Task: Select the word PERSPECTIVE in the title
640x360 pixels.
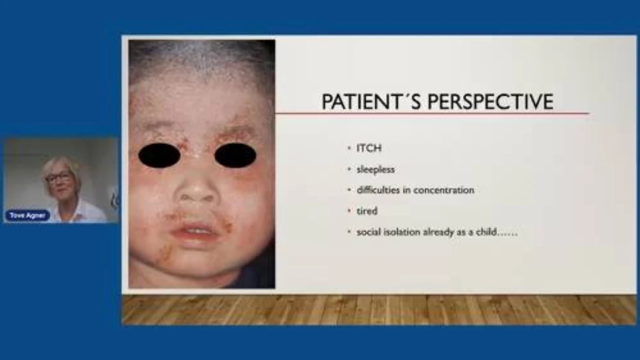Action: pyautogui.click(x=490, y=102)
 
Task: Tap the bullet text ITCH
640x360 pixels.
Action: pyautogui.click(x=369, y=148)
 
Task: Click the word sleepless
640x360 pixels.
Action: pyautogui.click(x=375, y=169)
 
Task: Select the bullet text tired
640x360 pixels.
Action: pyautogui.click(x=367, y=211)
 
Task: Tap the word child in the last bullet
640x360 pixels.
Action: pyautogui.click(x=486, y=232)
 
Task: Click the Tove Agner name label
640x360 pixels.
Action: pyautogui.click(x=27, y=215)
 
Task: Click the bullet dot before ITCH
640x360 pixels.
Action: pyautogui.click(x=349, y=148)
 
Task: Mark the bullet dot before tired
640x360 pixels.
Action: pyautogui.click(x=349, y=211)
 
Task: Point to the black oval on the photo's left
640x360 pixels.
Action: pyautogui.click(x=159, y=155)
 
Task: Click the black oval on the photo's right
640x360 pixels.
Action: pyautogui.click(x=235, y=155)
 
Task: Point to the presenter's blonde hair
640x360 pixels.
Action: pyautogui.click(x=61, y=165)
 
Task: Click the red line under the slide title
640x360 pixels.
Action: pyautogui.click(x=432, y=113)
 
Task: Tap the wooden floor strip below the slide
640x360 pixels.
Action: pyautogui.click(x=379, y=310)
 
